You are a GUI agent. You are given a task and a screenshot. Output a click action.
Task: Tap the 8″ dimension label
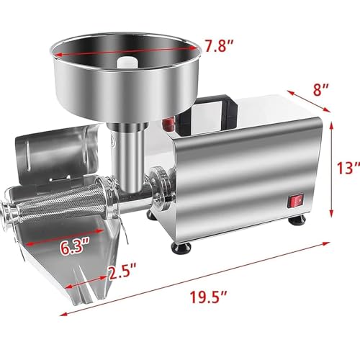[320, 90]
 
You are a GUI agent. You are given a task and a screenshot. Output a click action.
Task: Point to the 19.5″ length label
[208, 297]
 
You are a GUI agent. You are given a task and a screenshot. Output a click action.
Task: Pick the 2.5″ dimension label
[122, 271]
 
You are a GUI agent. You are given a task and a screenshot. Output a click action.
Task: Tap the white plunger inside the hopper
[127, 62]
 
